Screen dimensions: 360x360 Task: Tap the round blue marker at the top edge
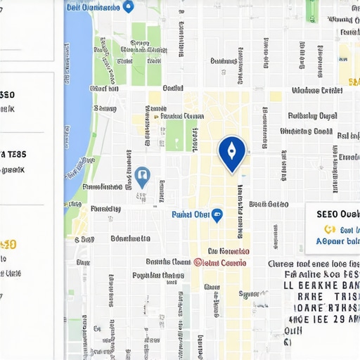coord(128,7)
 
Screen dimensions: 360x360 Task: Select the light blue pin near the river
coord(142,176)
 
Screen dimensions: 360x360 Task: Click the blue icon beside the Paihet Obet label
coord(217,214)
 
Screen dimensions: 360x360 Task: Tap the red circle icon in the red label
coord(198,262)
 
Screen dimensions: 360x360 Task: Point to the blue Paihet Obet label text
coord(191,214)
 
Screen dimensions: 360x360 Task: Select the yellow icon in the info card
coord(328,229)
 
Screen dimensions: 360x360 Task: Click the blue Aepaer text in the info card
coord(337,240)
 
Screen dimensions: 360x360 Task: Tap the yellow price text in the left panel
coord(8,245)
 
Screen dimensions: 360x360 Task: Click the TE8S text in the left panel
coord(13,154)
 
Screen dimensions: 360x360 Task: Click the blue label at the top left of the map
coord(92,7)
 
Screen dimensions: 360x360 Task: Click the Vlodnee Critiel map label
coord(316,91)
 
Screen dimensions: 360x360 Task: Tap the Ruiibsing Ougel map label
coord(312,115)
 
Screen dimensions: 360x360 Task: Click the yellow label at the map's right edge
coord(353,82)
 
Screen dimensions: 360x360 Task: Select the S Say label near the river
coord(104,108)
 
